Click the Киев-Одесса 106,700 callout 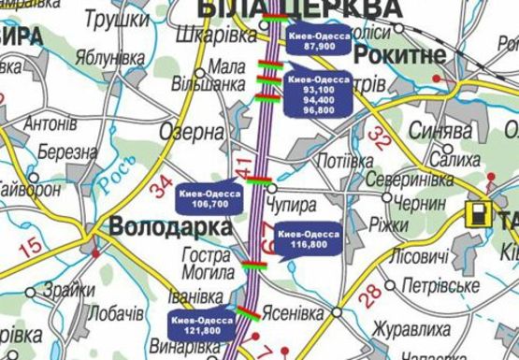pos(209,196)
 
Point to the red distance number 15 pos(30,247)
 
